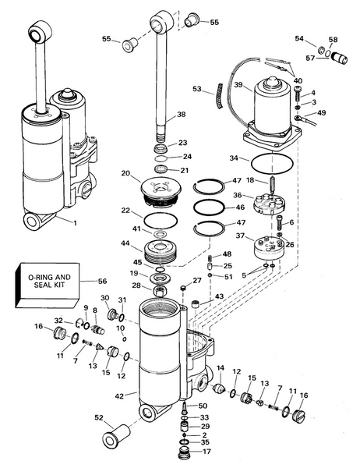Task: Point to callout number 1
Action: pyautogui.click(x=75, y=224)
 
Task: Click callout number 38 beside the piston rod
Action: pyautogui.click(x=182, y=115)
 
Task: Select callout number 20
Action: pyautogui.click(x=126, y=173)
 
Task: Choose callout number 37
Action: pyautogui.click(x=241, y=236)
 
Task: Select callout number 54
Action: pyautogui.click(x=299, y=38)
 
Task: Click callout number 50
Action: pyautogui.click(x=203, y=406)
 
